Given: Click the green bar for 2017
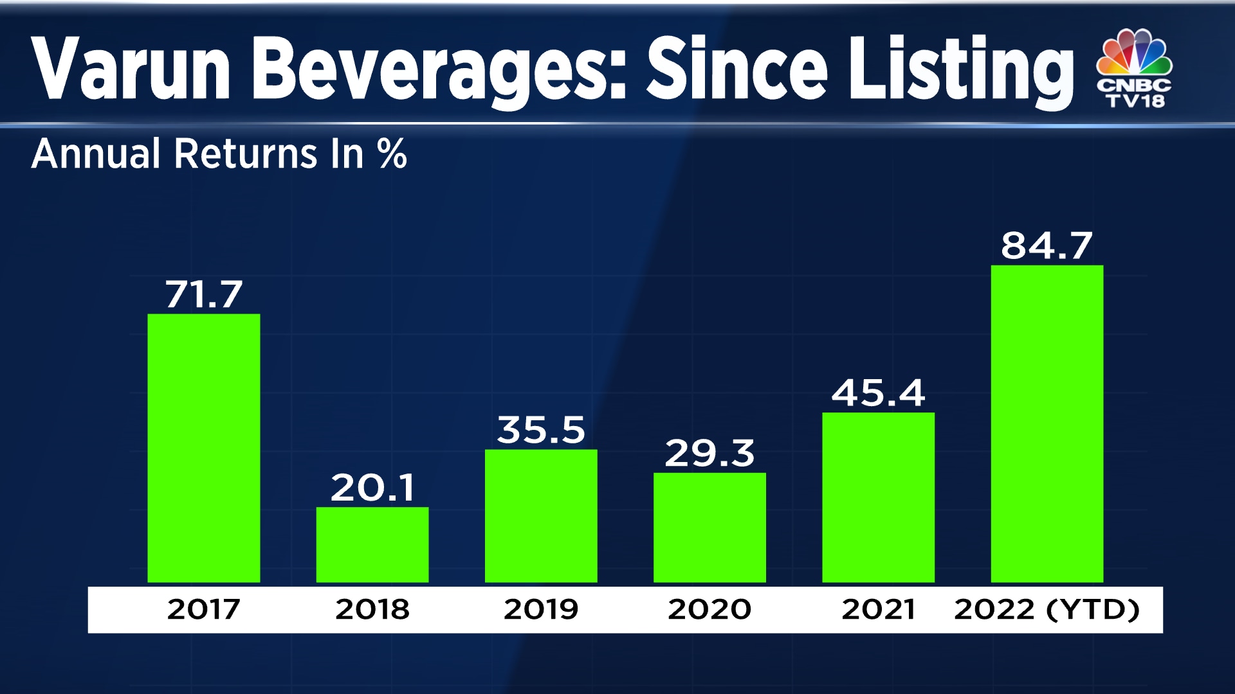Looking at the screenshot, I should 203,448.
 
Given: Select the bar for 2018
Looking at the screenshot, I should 372,545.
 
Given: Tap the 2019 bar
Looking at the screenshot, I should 540,516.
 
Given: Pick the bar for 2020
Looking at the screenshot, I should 709,528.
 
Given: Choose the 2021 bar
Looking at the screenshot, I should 878,497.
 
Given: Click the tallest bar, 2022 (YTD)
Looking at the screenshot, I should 1047,424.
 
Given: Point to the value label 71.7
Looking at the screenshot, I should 203,295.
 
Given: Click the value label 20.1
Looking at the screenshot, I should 372,488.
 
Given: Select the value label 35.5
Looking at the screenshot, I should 541,430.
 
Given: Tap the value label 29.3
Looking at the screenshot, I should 709,454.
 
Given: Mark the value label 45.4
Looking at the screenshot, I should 878,393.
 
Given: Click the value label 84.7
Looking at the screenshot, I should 1047,246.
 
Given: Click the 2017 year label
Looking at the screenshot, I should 203,609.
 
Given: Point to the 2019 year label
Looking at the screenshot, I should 540,609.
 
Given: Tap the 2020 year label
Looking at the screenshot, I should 709,609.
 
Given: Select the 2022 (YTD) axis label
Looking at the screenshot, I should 1047,609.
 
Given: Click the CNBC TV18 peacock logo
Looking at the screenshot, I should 1135,67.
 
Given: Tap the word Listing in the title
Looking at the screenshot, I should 960,69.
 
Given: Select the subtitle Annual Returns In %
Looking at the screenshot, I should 219,154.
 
